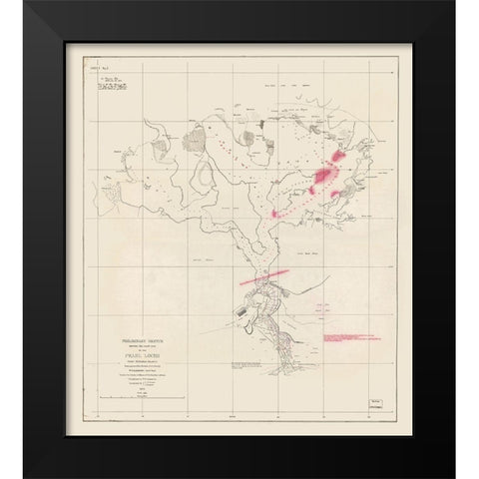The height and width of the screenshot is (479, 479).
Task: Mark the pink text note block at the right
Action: point(355,341)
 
